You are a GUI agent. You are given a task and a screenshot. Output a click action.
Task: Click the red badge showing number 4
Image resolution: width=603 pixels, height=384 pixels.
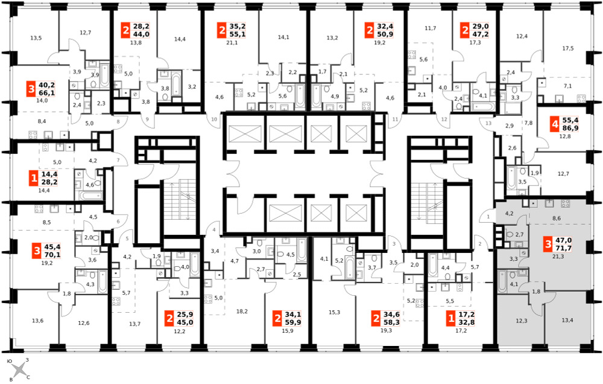(554, 124)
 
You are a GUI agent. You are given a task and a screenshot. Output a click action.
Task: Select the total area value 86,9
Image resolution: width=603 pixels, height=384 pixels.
(570, 128)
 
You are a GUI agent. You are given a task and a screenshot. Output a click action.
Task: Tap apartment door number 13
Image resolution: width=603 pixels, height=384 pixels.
(488, 123)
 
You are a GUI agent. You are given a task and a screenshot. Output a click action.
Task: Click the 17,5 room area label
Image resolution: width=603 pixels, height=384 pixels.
(567, 48)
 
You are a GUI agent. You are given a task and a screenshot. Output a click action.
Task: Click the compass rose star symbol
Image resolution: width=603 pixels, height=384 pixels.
(19, 371)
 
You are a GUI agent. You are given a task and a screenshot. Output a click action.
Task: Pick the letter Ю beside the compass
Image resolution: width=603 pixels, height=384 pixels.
(10, 361)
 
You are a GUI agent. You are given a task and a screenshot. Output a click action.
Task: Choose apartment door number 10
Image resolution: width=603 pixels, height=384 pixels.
(214, 119)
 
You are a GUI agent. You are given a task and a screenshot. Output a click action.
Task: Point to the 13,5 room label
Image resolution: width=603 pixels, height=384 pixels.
(36, 38)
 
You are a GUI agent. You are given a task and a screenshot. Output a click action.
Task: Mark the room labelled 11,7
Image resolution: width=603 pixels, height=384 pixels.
(431, 28)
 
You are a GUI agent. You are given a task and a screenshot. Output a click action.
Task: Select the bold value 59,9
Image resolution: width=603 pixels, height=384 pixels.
(292, 322)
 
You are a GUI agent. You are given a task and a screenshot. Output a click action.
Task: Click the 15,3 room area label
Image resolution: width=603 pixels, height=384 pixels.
(334, 312)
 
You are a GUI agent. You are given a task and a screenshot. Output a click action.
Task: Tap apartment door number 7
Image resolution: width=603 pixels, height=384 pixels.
(118, 160)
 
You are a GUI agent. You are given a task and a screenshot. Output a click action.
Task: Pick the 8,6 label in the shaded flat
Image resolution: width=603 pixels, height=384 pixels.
(557, 219)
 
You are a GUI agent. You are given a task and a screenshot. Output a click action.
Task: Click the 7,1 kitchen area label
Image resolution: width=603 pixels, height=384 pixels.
(567, 86)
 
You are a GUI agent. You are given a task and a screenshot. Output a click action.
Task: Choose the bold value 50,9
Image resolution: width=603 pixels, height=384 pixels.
(385, 34)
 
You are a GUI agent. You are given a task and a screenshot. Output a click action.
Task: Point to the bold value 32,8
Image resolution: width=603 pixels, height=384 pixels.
(467, 322)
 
